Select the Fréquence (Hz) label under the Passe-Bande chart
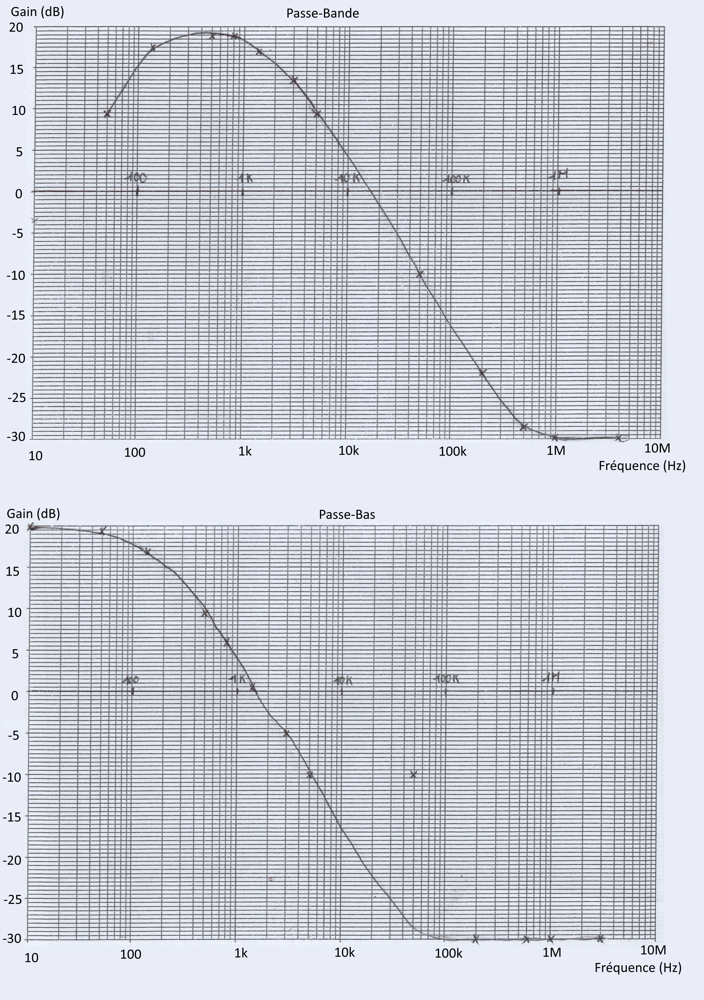point(642,466)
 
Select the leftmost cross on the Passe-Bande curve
point(107,113)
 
